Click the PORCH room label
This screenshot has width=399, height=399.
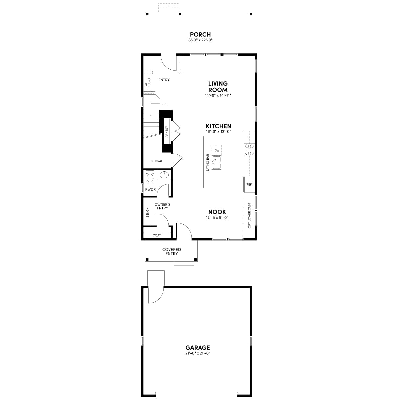tap(200, 34)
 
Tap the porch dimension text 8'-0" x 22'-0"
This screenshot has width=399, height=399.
tap(200, 40)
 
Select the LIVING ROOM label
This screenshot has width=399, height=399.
tap(218, 87)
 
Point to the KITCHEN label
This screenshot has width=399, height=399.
tap(218, 126)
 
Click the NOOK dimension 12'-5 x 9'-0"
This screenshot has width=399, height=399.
tap(217, 217)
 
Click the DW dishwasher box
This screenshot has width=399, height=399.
tap(216, 150)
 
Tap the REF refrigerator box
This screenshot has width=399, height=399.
tap(249, 184)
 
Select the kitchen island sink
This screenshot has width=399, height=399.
tap(216, 163)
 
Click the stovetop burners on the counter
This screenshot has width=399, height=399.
tap(249, 150)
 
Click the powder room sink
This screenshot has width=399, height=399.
tap(164, 175)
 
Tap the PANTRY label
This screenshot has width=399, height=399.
tap(167, 131)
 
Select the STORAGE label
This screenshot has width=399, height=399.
tap(158, 161)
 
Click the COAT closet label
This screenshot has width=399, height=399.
tap(157, 235)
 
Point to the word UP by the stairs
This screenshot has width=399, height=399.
tap(163, 104)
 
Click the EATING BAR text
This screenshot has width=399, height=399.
tap(208, 163)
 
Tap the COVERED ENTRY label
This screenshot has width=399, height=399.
tap(172, 252)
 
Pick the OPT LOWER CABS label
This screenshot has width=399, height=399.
tap(249, 215)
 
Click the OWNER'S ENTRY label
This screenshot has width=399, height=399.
tap(162, 206)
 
